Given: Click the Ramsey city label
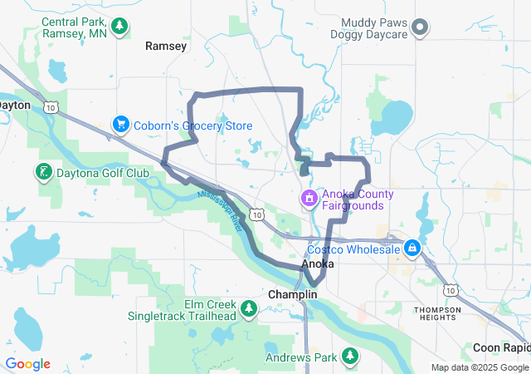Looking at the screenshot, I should pos(166,47).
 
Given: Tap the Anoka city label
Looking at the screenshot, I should pos(318,263).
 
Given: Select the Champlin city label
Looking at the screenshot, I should pos(293,295).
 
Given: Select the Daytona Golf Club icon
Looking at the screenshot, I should pos(42,173).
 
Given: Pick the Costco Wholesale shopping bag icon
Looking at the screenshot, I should pos(412,248).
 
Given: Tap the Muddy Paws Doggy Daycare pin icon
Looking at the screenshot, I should pos(419,27).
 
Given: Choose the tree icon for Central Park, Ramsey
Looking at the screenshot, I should pos(119,27).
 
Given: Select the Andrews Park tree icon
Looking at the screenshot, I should pos(350,357).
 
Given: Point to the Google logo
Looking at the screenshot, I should pos(27,364).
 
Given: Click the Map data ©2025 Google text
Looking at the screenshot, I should pos(480,367).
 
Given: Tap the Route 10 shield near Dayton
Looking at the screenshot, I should pos(51,106).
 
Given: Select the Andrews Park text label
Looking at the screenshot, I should pos(301,358).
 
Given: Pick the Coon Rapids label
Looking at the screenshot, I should pos(501,347).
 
